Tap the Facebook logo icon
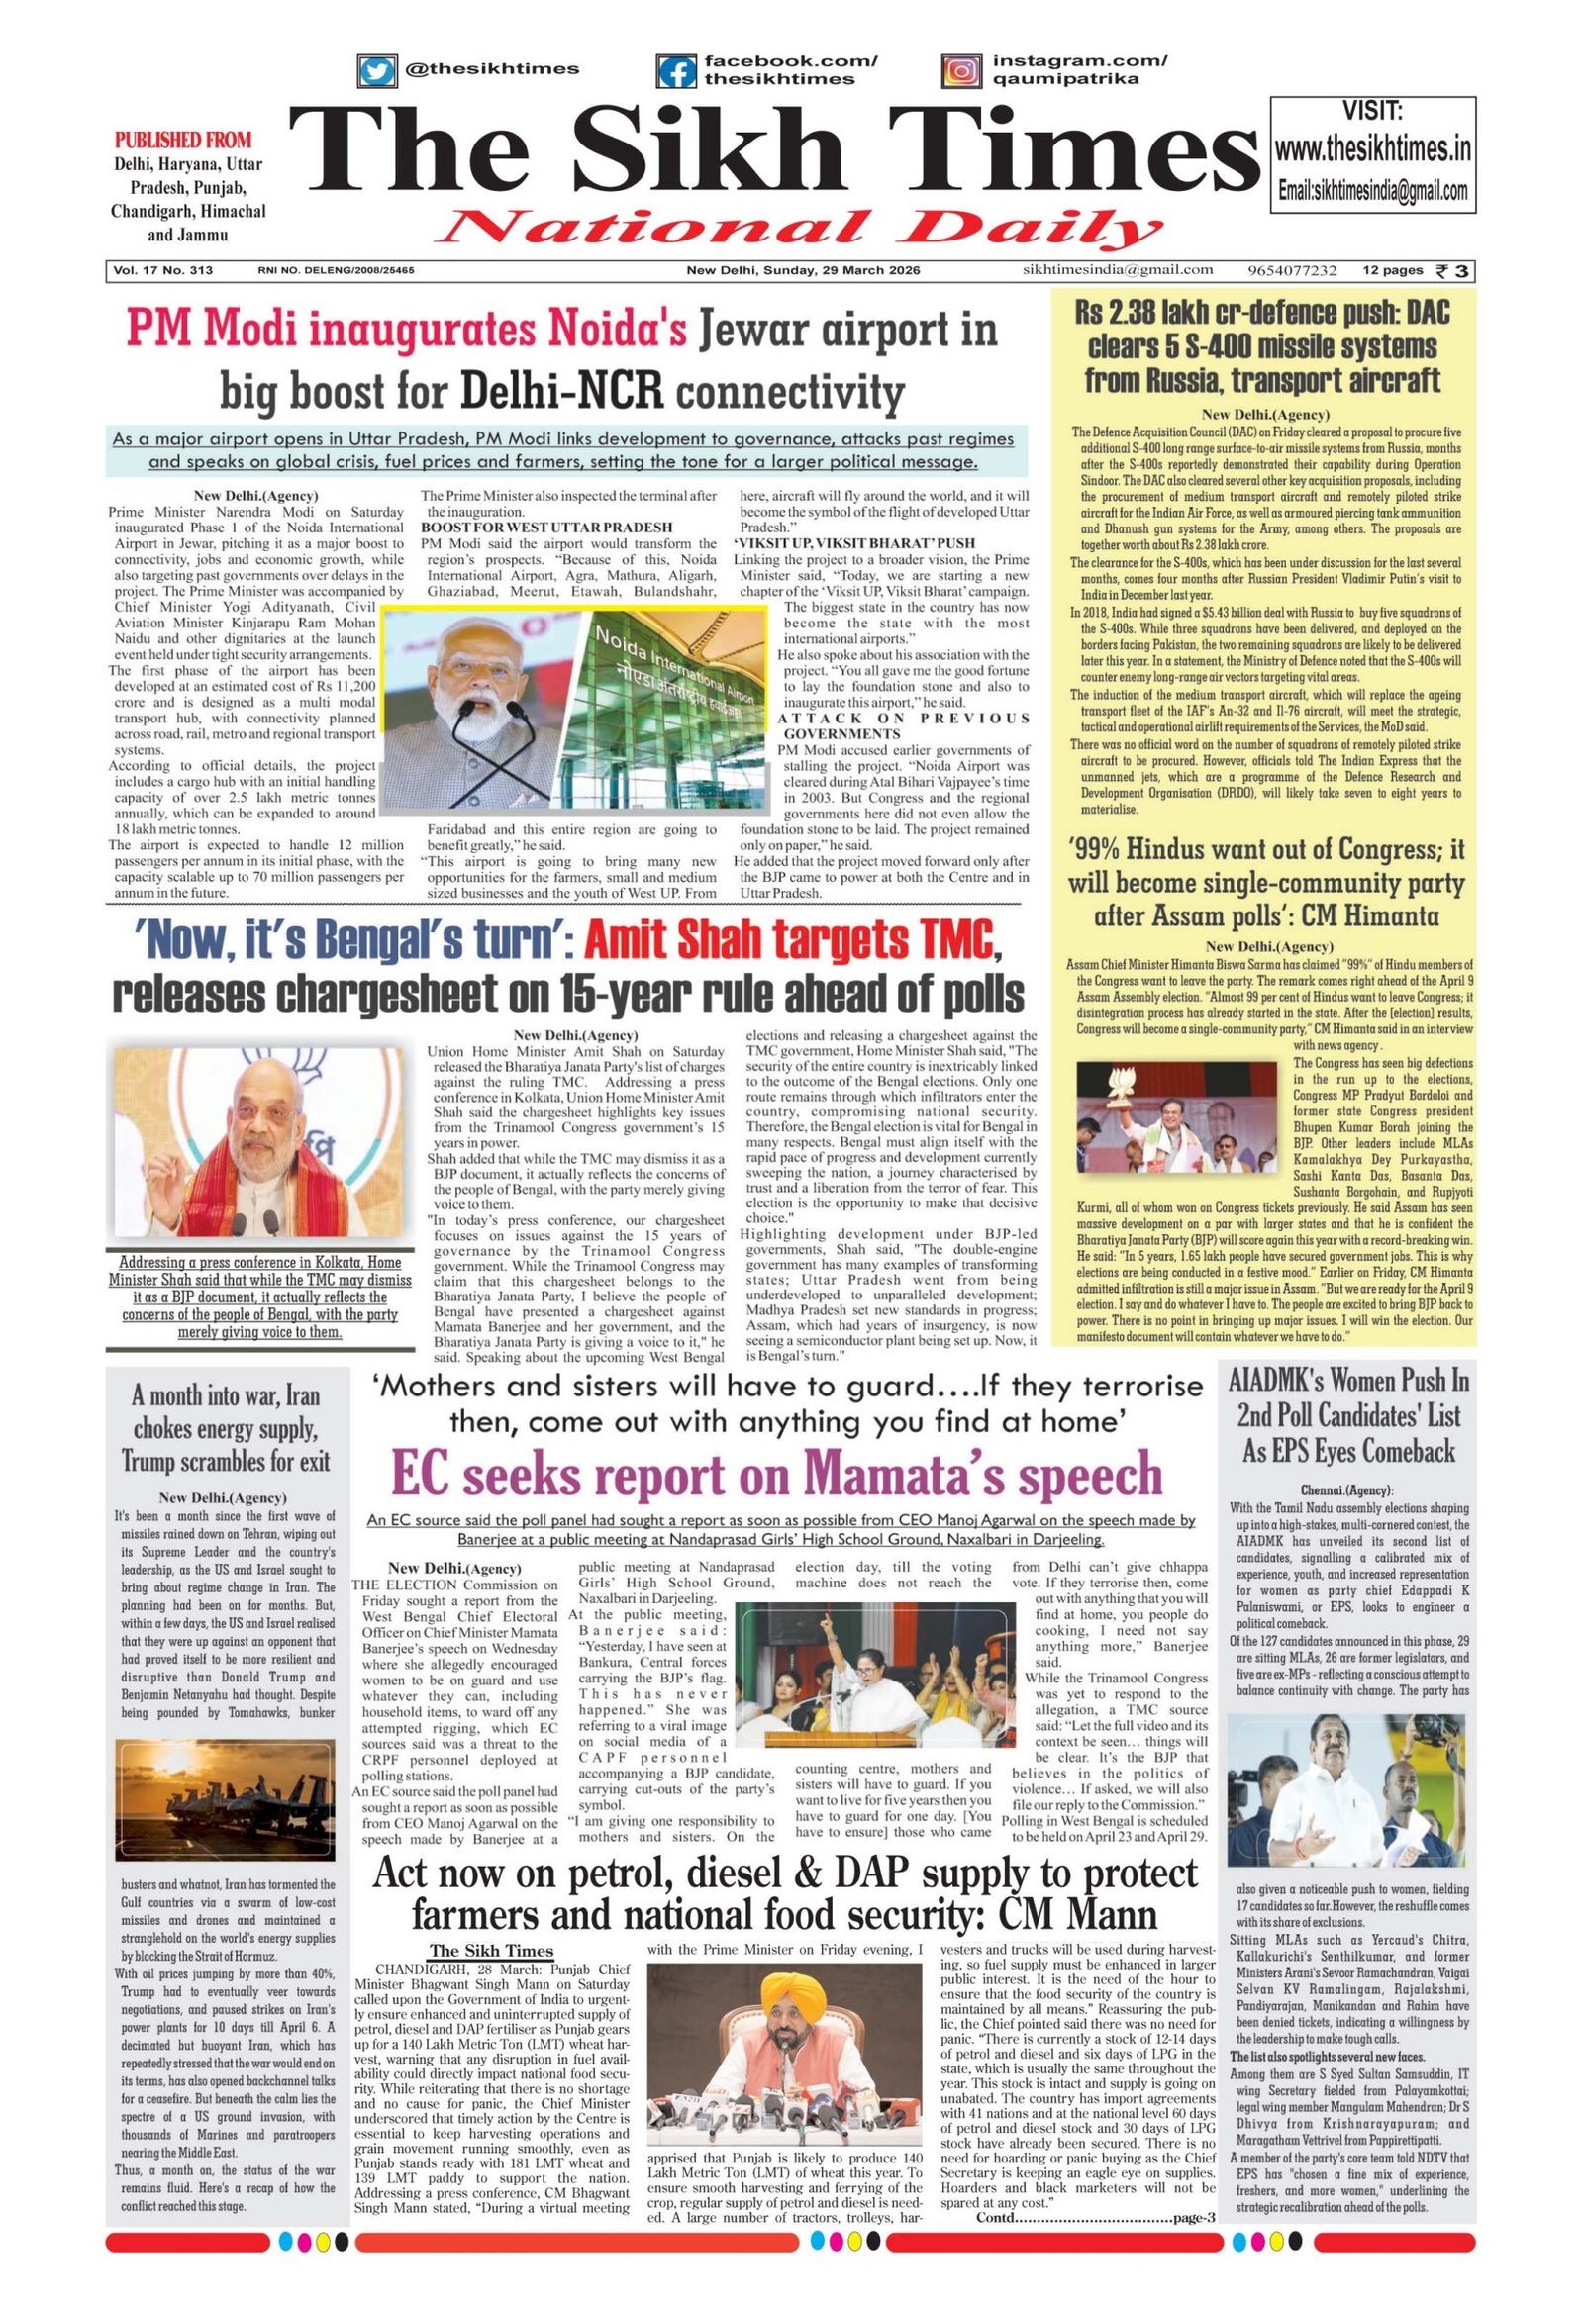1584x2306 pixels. coord(677,71)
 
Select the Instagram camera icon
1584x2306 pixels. coord(959,71)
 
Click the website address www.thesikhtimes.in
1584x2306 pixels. coord(1373,149)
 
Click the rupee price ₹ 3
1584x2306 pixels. coord(1456,271)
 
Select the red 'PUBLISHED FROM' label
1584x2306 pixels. coord(183,140)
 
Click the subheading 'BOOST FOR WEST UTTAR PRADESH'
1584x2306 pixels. coord(546,526)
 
